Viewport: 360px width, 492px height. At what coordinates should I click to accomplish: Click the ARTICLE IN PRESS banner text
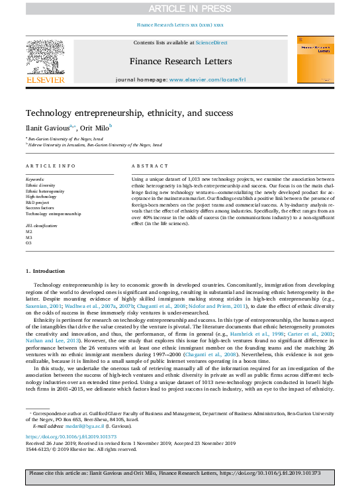click(x=179, y=9)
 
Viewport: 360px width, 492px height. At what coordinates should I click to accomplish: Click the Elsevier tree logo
click(x=45, y=56)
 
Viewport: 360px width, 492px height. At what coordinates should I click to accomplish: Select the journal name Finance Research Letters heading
click(x=180, y=61)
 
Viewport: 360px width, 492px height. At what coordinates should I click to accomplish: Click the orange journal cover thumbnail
click(x=314, y=60)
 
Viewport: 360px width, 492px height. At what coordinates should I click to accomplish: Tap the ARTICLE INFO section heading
click(x=50, y=166)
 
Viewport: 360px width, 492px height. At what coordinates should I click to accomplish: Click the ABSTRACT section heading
click(x=146, y=166)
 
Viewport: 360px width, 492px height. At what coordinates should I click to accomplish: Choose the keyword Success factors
click(x=40, y=208)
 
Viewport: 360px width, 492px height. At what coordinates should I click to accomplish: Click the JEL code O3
click(x=28, y=243)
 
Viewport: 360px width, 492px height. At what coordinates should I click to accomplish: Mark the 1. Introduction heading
click(x=45, y=271)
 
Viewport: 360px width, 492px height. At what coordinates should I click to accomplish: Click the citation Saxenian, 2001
click(x=43, y=307)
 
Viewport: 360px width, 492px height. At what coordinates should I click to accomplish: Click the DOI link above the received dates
click(x=69, y=437)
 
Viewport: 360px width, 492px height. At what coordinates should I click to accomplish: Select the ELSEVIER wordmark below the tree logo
click(x=45, y=80)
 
